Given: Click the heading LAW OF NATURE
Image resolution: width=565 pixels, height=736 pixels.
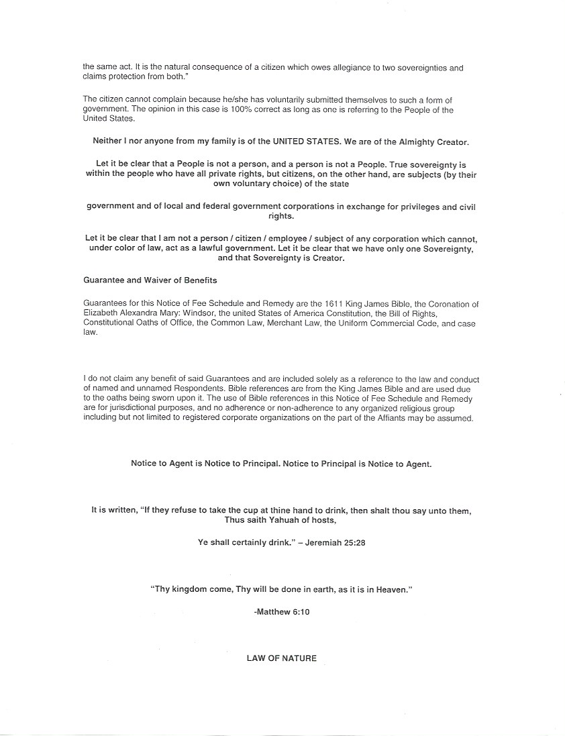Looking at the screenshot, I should point(282,659).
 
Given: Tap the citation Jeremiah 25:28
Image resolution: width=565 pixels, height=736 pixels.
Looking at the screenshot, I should point(335,543).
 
